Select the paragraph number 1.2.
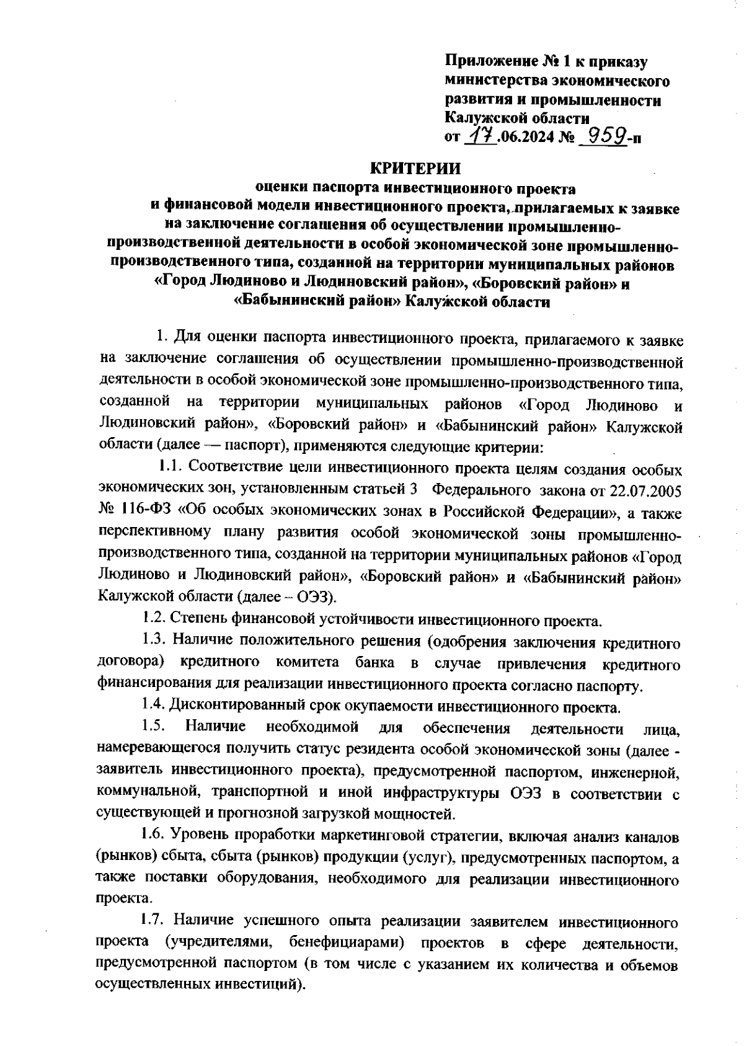[153, 618]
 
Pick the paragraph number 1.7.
[153, 922]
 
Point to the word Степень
[198, 618]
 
